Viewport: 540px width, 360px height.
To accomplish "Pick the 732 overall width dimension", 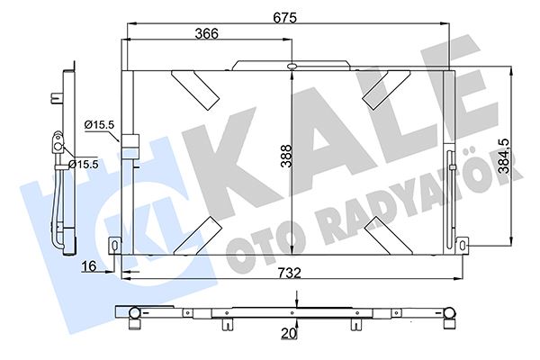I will click(289, 273).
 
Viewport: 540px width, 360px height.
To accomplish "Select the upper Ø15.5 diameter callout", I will click(99, 125).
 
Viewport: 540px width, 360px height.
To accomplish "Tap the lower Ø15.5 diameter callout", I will click(83, 164).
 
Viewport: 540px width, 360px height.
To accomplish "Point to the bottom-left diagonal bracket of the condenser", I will click(198, 233).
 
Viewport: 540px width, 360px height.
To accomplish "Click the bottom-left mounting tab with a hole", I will click(115, 245).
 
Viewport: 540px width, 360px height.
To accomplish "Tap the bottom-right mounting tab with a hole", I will click(463, 245).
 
